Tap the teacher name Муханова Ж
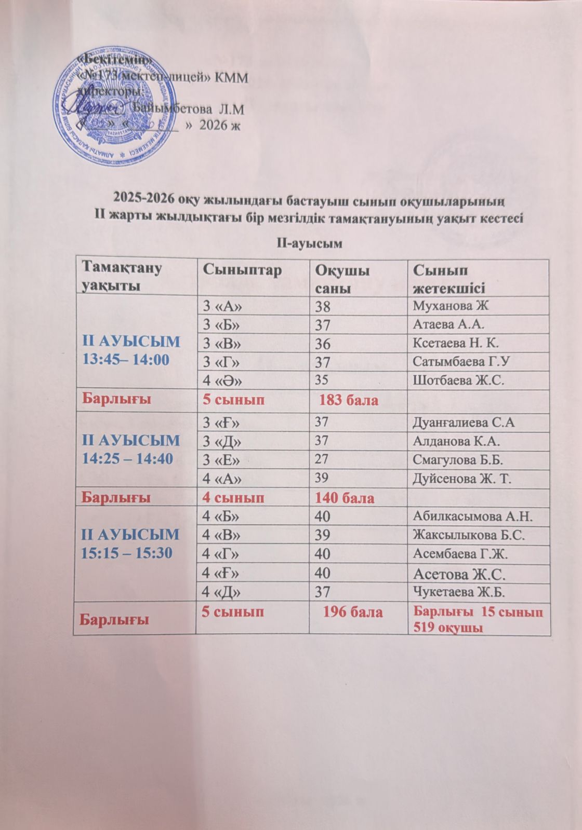(451, 305)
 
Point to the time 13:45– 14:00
(126, 359)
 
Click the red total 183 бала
(348, 400)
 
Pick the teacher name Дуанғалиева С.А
(464, 422)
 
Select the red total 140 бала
(344, 498)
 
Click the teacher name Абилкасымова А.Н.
(473, 516)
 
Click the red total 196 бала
(353, 612)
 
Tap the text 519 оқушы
(446, 628)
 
